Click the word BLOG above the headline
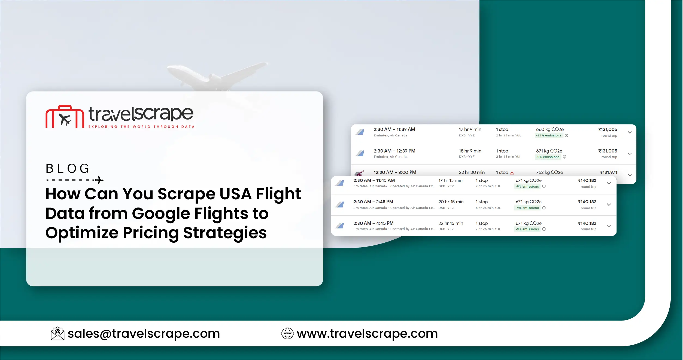point(68,169)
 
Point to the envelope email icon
point(57,334)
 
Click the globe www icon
point(287,334)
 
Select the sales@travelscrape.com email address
point(144,334)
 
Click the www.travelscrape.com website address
point(367,334)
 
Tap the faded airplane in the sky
point(217,75)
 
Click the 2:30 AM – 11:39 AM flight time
point(394,129)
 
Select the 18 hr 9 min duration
point(470,151)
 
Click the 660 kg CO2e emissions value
point(550,129)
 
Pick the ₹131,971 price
point(608,172)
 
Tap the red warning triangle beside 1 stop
point(512,173)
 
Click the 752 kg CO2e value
point(549,172)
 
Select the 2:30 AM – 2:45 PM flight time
point(373,202)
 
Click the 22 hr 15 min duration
point(451,223)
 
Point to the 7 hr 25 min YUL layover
point(488,229)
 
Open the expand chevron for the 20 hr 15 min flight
point(609,205)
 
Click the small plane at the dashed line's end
point(99,180)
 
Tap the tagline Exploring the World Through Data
point(141,127)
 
